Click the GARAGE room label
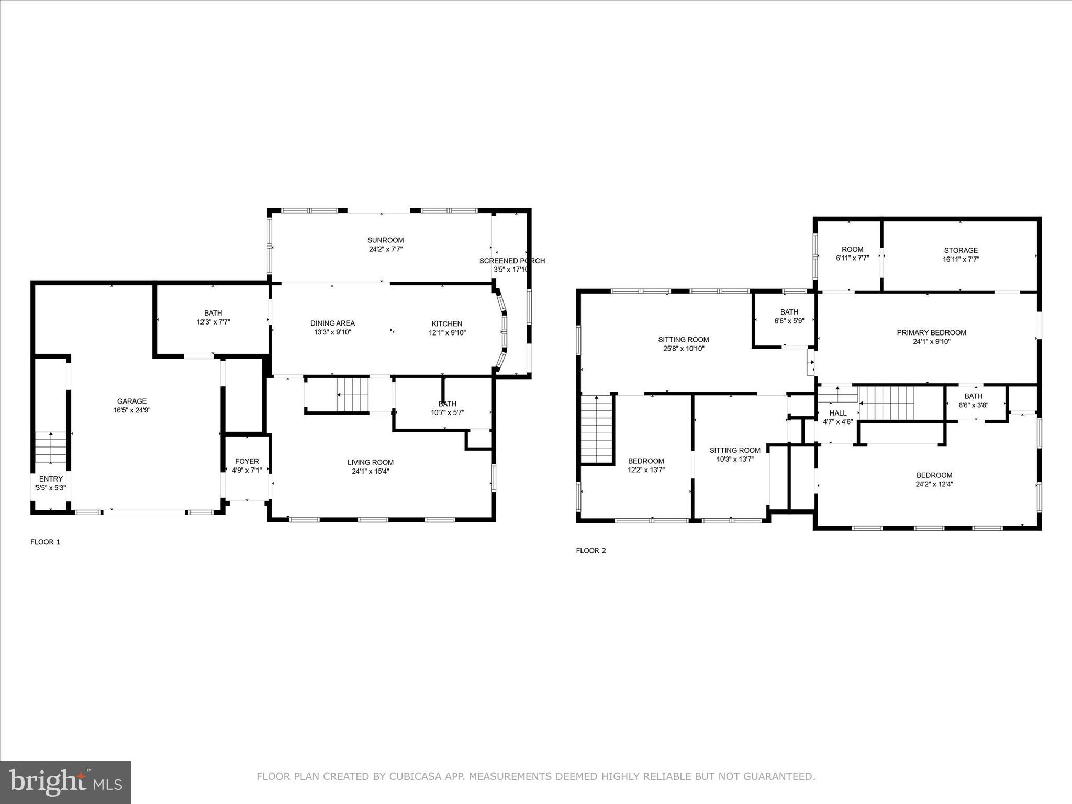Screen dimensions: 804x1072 131,401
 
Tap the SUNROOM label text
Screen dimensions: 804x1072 385,240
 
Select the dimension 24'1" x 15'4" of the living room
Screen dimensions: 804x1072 370,471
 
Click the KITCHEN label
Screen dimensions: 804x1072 446,323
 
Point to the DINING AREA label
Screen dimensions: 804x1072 332,323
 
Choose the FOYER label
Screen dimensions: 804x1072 247,461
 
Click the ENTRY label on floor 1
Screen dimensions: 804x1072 51,479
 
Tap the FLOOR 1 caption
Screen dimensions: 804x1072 45,542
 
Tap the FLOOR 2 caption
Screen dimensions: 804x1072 590,550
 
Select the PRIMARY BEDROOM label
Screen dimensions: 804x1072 931,332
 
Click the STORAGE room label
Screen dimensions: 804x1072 961,250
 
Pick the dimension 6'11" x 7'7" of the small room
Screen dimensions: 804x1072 852,258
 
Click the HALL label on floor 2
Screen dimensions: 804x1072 837,413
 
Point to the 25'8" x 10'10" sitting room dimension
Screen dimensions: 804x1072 683,348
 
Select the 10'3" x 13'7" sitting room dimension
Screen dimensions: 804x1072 735,459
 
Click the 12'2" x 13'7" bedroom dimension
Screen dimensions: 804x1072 646,470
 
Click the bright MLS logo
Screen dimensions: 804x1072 65,783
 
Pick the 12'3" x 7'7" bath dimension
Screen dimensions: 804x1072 213,322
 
